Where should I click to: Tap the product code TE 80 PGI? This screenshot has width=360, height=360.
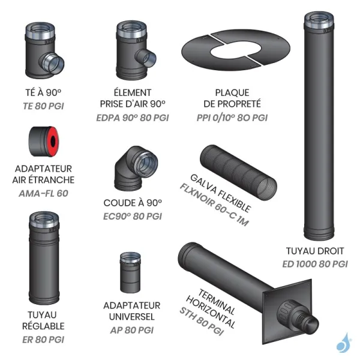tap(43, 106)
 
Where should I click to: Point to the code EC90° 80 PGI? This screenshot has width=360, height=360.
tap(133, 216)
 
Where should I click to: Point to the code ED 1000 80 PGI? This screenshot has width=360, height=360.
tap(316, 263)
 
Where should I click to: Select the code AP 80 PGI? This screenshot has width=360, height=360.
tap(133, 329)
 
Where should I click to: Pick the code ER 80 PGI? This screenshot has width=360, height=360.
tap(43, 340)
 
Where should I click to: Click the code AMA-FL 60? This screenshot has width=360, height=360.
tap(43, 192)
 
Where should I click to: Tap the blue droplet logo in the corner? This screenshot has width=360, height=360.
tap(343, 343)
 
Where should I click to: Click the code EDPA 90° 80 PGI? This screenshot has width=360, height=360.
tap(133, 118)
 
